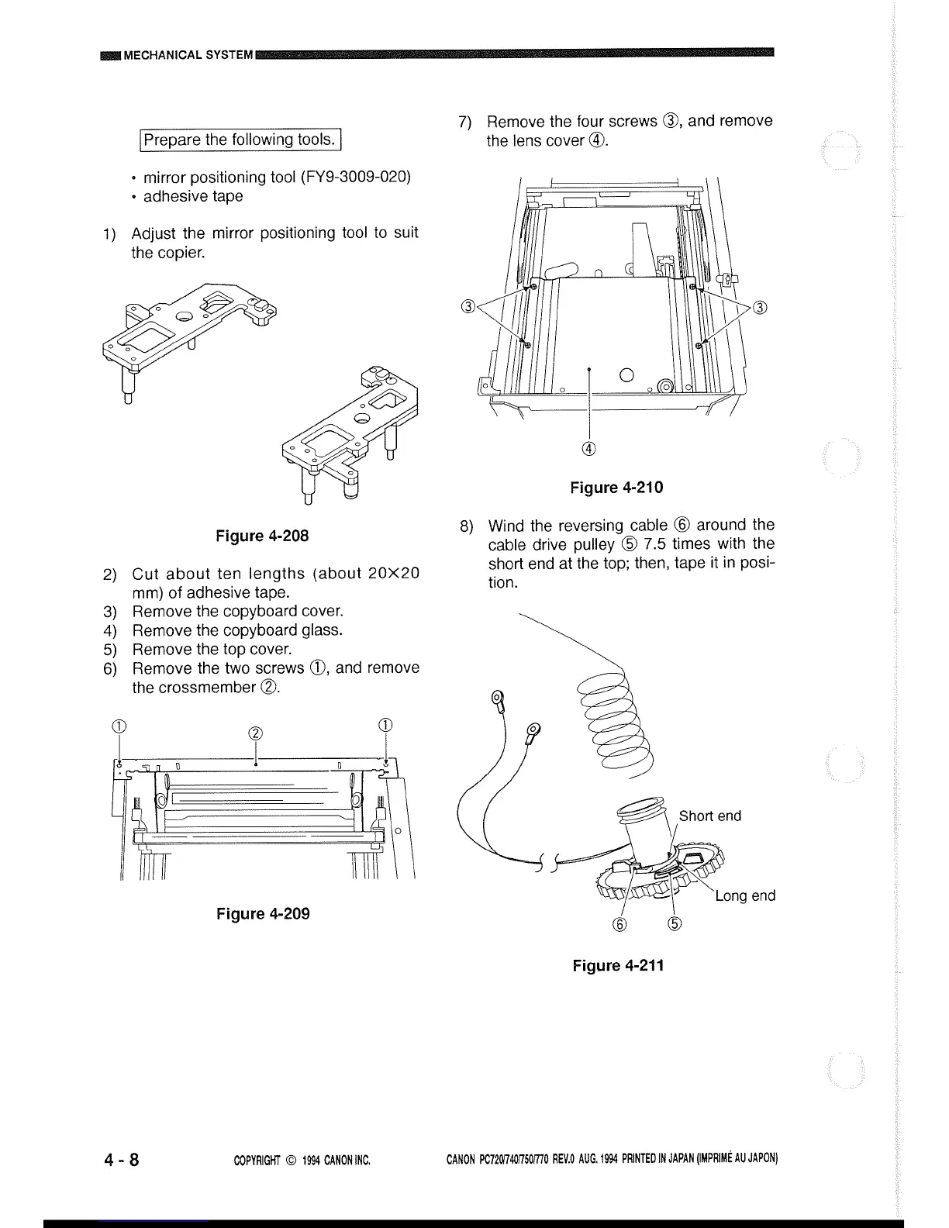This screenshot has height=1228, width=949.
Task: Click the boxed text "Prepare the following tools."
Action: tap(241, 140)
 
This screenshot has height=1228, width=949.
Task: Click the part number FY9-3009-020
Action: tap(355, 177)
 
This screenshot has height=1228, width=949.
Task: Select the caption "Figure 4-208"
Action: tap(262, 536)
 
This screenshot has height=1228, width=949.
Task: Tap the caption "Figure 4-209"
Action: tap(263, 913)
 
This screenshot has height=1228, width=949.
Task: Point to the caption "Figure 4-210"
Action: tap(616, 488)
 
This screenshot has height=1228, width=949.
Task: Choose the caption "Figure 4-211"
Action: tap(618, 965)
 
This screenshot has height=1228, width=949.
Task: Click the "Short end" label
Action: tap(709, 816)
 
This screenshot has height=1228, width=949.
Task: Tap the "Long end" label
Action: tap(744, 896)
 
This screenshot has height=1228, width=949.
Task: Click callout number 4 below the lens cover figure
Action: tap(590, 449)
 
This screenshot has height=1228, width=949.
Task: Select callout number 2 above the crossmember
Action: tap(255, 734)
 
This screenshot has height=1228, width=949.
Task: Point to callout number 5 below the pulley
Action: tap(675, 924)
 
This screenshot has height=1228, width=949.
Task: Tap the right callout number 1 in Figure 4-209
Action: tap(385, 726)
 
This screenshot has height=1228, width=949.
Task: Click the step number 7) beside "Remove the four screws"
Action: tap(465, 122)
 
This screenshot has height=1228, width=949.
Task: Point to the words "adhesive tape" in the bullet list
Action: tap(193, 196)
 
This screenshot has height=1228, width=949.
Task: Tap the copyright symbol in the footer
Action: tap(292, 1161)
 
